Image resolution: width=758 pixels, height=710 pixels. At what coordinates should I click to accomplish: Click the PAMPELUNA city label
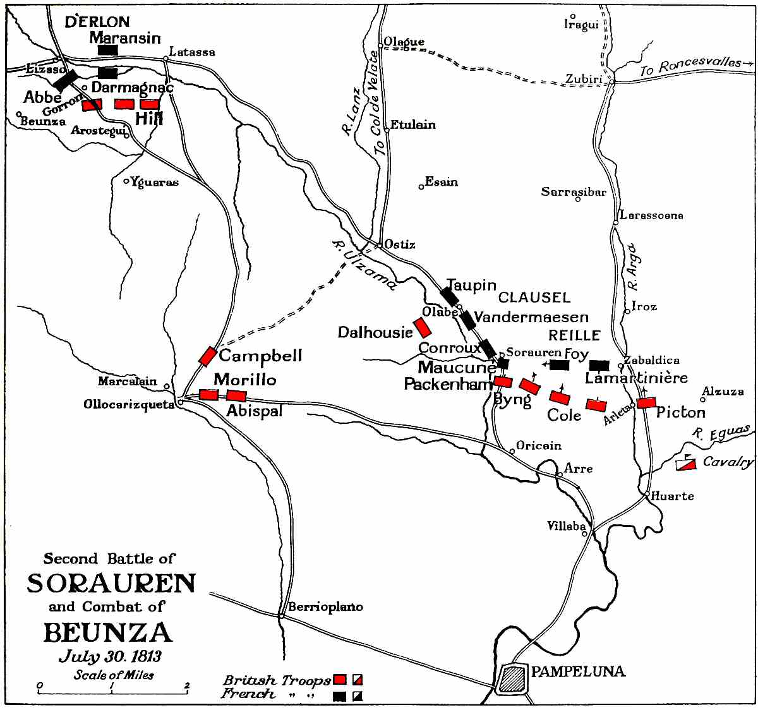click(578, 671)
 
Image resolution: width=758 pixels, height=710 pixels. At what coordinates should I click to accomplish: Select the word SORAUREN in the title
click(111, 583)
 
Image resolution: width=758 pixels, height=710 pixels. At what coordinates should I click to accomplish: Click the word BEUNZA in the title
click(107, 632)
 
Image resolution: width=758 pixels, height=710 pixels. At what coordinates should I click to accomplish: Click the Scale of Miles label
click(114, 674)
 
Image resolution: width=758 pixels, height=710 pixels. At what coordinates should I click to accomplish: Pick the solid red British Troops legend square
click(340, 680)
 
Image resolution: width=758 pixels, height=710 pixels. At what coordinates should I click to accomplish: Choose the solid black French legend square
click(340, 695)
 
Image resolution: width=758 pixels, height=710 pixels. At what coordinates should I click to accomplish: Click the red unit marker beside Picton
click(647, 402)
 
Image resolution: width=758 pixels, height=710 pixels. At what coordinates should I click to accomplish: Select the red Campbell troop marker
click(207, 356)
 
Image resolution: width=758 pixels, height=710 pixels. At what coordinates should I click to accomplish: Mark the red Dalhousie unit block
click(422, 327)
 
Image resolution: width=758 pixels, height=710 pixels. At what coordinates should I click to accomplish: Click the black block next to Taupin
click(449, 296)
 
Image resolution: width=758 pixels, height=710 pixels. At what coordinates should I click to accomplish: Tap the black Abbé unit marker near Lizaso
click(64, 80)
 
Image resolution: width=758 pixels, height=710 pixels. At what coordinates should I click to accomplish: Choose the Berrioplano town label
click(325, 606)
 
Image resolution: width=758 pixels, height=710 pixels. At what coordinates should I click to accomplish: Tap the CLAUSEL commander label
click(534, 297)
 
